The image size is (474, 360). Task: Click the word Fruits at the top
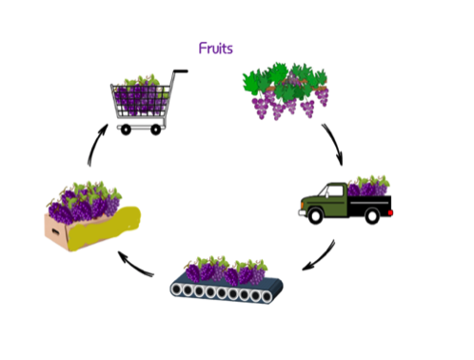[217, 48]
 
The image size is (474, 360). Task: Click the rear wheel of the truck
[373, 217]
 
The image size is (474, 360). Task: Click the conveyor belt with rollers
[225, 293]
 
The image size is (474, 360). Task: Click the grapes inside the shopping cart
[140, 95]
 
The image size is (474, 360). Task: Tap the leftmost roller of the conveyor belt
[180, 292]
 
